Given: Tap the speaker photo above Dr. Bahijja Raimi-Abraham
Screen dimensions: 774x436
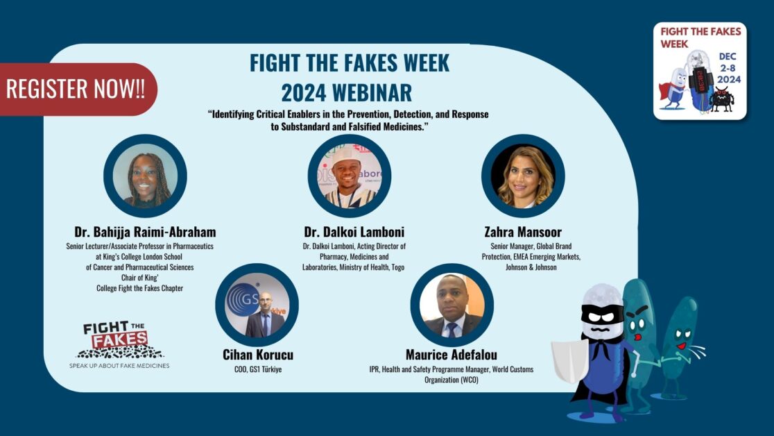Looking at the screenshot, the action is click(x=145, y=176).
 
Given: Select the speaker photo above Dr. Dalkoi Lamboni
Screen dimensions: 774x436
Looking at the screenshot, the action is click(x=350, y=176).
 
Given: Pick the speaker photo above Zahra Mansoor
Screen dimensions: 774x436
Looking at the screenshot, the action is click(x=523, y=176).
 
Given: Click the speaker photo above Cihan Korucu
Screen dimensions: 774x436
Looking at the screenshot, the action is click(x=257, y=305).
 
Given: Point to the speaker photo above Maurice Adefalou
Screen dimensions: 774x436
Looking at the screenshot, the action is click(x=452, y=305).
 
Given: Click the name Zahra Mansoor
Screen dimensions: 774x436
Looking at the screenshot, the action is click(x=523, y=232).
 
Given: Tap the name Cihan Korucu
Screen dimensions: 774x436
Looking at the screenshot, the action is click(x=258, y=355).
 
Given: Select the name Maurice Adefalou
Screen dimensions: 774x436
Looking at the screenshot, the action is click(x=452, y=355).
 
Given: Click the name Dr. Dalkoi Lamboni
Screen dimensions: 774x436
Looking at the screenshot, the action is click(x=354, y=232).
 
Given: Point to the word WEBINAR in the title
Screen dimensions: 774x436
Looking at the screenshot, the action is click(x=371, y=92).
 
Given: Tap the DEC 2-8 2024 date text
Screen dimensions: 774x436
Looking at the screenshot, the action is click(x=728, y=68).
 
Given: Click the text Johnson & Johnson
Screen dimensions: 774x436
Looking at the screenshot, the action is click(x=531, y=267).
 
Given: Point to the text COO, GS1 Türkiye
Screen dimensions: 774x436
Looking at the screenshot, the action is click(x=258, y=369).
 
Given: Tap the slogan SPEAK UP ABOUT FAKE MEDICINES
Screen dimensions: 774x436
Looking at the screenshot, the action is click(x=119, y=366).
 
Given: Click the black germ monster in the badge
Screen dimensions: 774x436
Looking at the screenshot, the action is click(x=721, y=99).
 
